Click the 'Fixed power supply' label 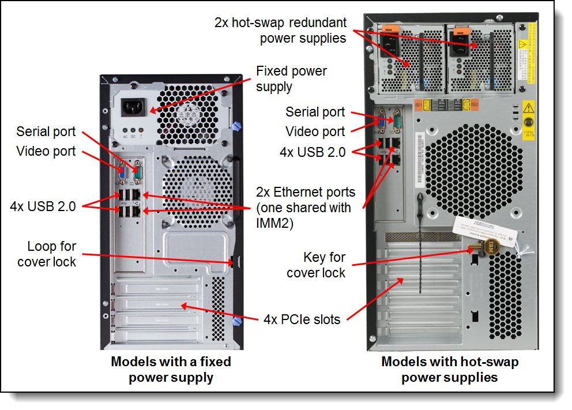(291, 79)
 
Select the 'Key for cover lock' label (316, 265)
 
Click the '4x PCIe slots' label (302, 319)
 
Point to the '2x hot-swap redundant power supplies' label (280, 31)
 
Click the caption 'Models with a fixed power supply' (171, 370)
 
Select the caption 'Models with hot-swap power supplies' (450, 370)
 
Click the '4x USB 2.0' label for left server (43, 206)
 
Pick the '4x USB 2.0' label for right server (313, 152)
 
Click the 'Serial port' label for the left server (46, 131)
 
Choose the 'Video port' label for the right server (315, 131)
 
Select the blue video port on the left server (122, 171)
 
